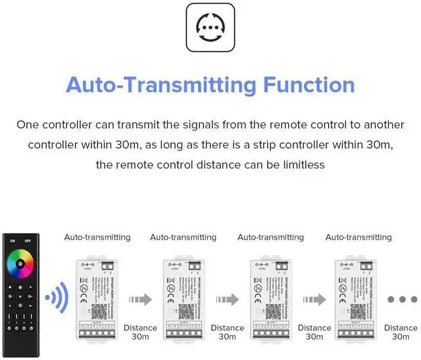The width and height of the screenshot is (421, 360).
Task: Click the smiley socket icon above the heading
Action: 210,28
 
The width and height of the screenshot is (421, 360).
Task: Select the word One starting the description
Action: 28,124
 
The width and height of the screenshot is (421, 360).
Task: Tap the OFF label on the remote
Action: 27,240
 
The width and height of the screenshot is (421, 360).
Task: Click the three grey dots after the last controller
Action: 399,299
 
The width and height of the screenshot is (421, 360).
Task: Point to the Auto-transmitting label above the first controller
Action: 97,237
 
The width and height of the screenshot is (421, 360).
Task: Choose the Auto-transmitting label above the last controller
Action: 359,237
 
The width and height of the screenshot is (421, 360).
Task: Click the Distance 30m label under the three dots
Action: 401,332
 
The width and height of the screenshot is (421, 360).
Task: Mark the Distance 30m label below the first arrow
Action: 140,332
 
